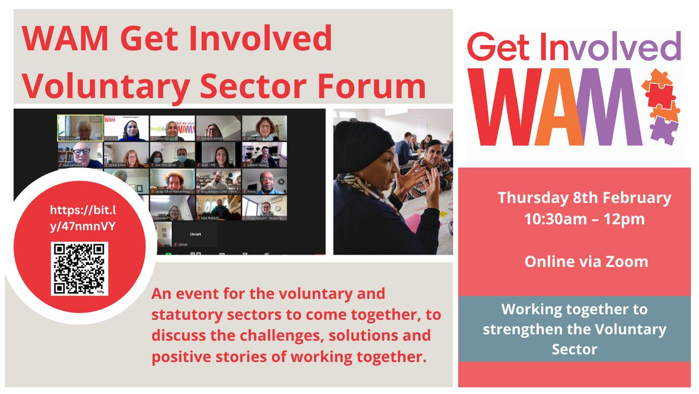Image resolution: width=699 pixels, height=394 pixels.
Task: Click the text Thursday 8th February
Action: pyautogui.click(x=584, y=198)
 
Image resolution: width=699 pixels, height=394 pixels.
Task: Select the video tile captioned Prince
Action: pyautogui.click(x=264, y=181)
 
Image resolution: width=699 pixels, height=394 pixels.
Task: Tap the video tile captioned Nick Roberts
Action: pyautogui.click(x=218, y=207)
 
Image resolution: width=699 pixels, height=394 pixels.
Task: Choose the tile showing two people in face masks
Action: pyautogui.click(x=172, y=155)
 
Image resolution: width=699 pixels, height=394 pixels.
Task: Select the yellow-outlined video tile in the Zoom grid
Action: pyautogui.click(x=80, y=128)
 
